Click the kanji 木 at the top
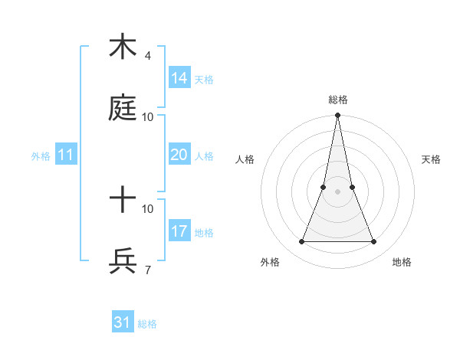[123, 48]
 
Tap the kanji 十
[123, 201]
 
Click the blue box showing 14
[179, 78]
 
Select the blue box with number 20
[179, 155]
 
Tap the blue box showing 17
[179, 231]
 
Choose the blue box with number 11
[66, 155]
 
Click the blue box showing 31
[122, 322]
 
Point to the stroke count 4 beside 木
[147, 55]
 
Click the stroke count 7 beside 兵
[147, 270]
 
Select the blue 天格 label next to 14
[204, 80]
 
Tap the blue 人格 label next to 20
[204, 156]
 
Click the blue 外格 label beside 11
[41, 156]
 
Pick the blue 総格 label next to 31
[147, 324]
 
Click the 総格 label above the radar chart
[337, 100]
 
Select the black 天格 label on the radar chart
[431, 159]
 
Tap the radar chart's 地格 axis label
[402, 262]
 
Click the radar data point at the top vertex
[337, 116]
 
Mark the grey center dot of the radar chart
[337, 191]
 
